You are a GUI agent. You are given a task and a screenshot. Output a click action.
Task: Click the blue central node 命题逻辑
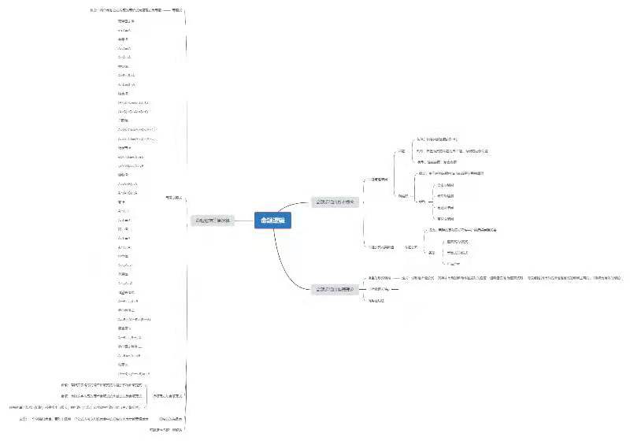point(272,221)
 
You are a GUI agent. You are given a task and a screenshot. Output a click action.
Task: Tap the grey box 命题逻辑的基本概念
point(335,202)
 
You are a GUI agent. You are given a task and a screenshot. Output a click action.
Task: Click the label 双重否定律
point(126,21)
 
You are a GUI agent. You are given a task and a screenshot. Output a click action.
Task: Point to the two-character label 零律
point(122,202)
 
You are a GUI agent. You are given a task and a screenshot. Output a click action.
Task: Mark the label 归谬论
point(123,365)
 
